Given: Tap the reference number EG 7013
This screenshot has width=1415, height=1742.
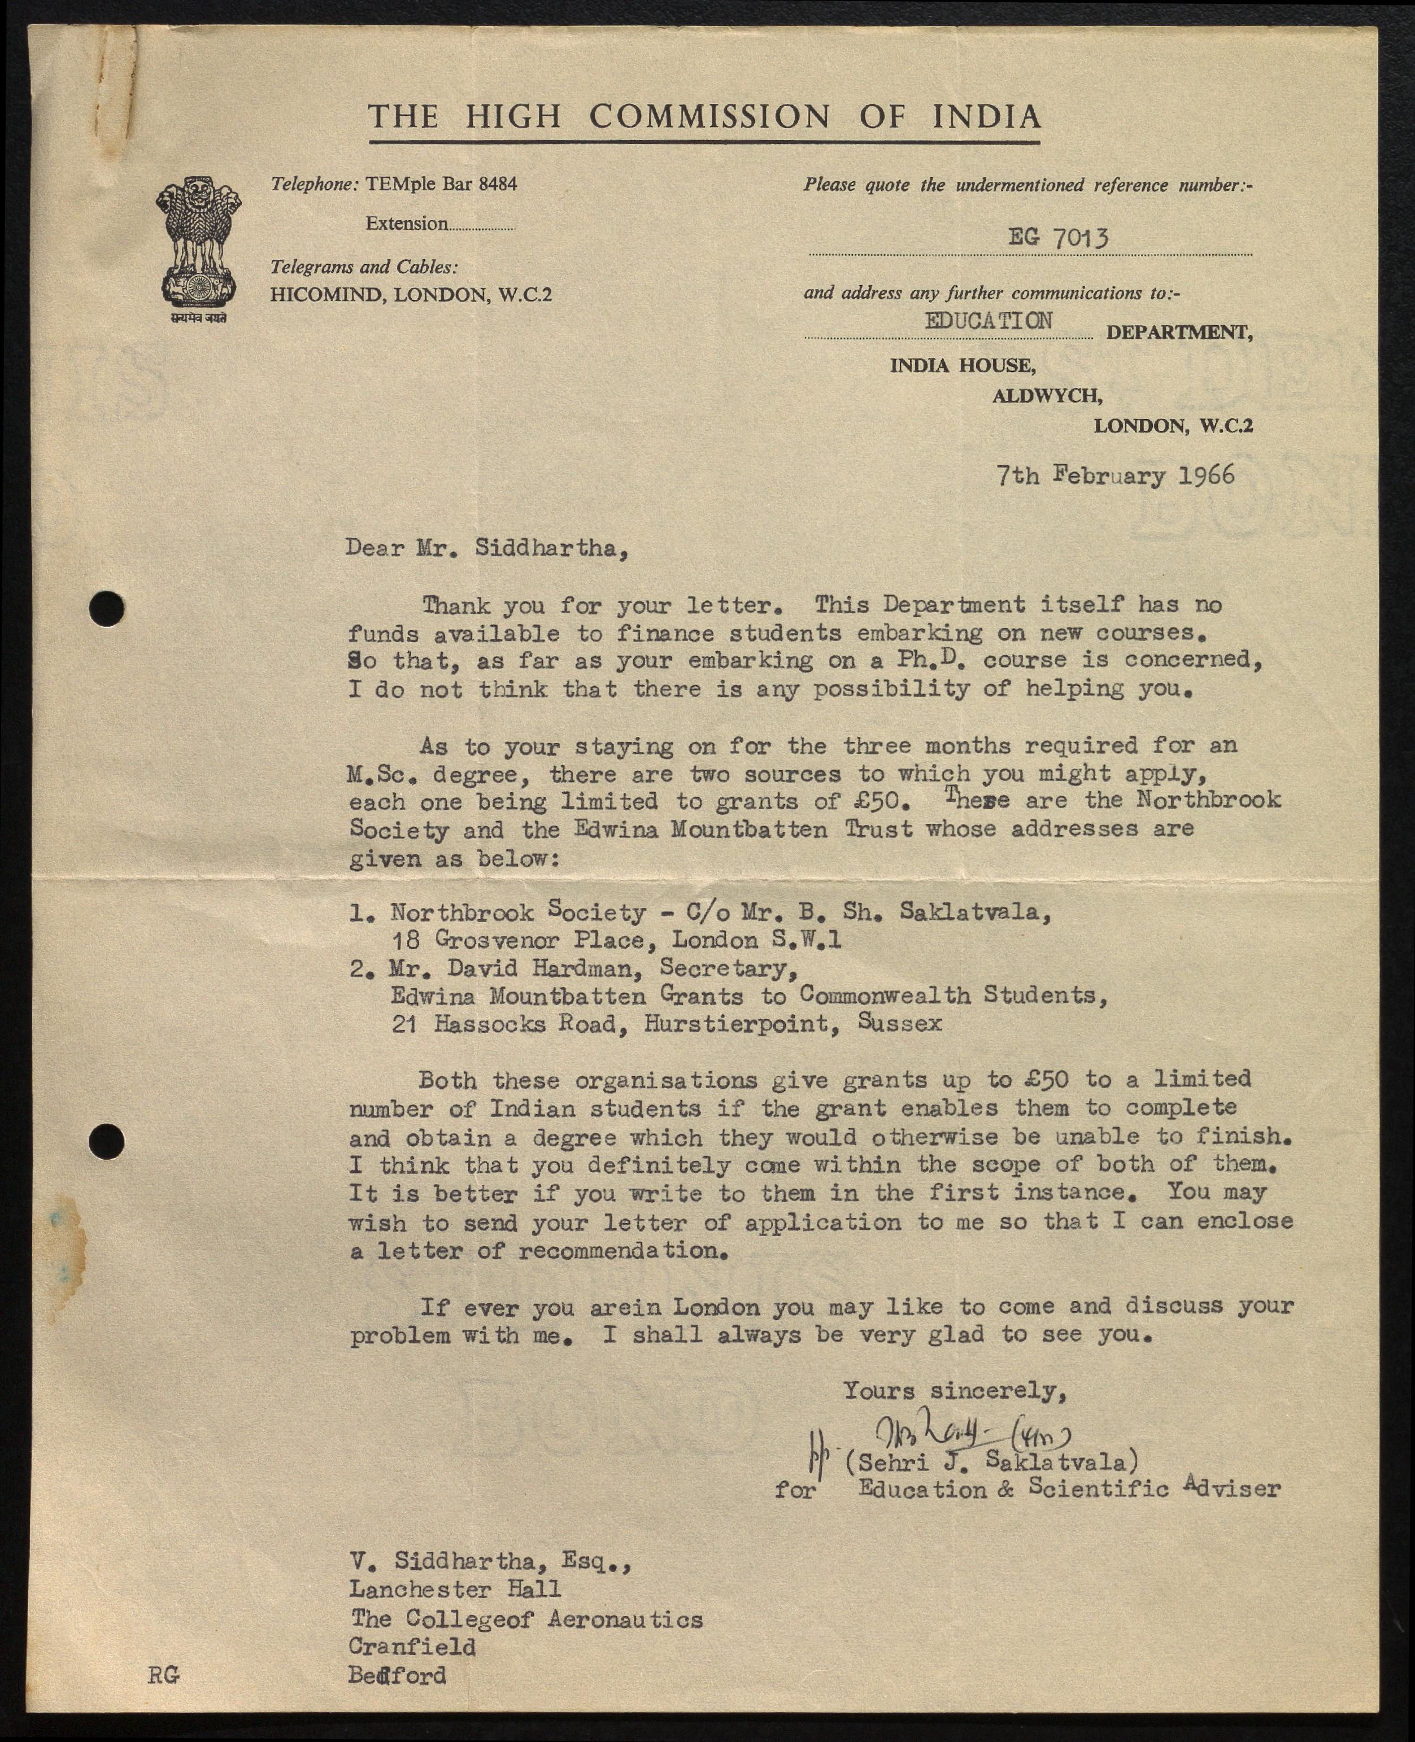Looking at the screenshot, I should click(x=1058, y=237).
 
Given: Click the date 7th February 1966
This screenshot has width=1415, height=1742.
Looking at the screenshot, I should click(x=1115, y=475).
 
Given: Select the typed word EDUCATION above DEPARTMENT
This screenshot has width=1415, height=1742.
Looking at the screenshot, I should click(x=988, y=320).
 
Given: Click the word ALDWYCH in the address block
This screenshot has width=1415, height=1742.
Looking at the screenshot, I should click(x=1047, y=396).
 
